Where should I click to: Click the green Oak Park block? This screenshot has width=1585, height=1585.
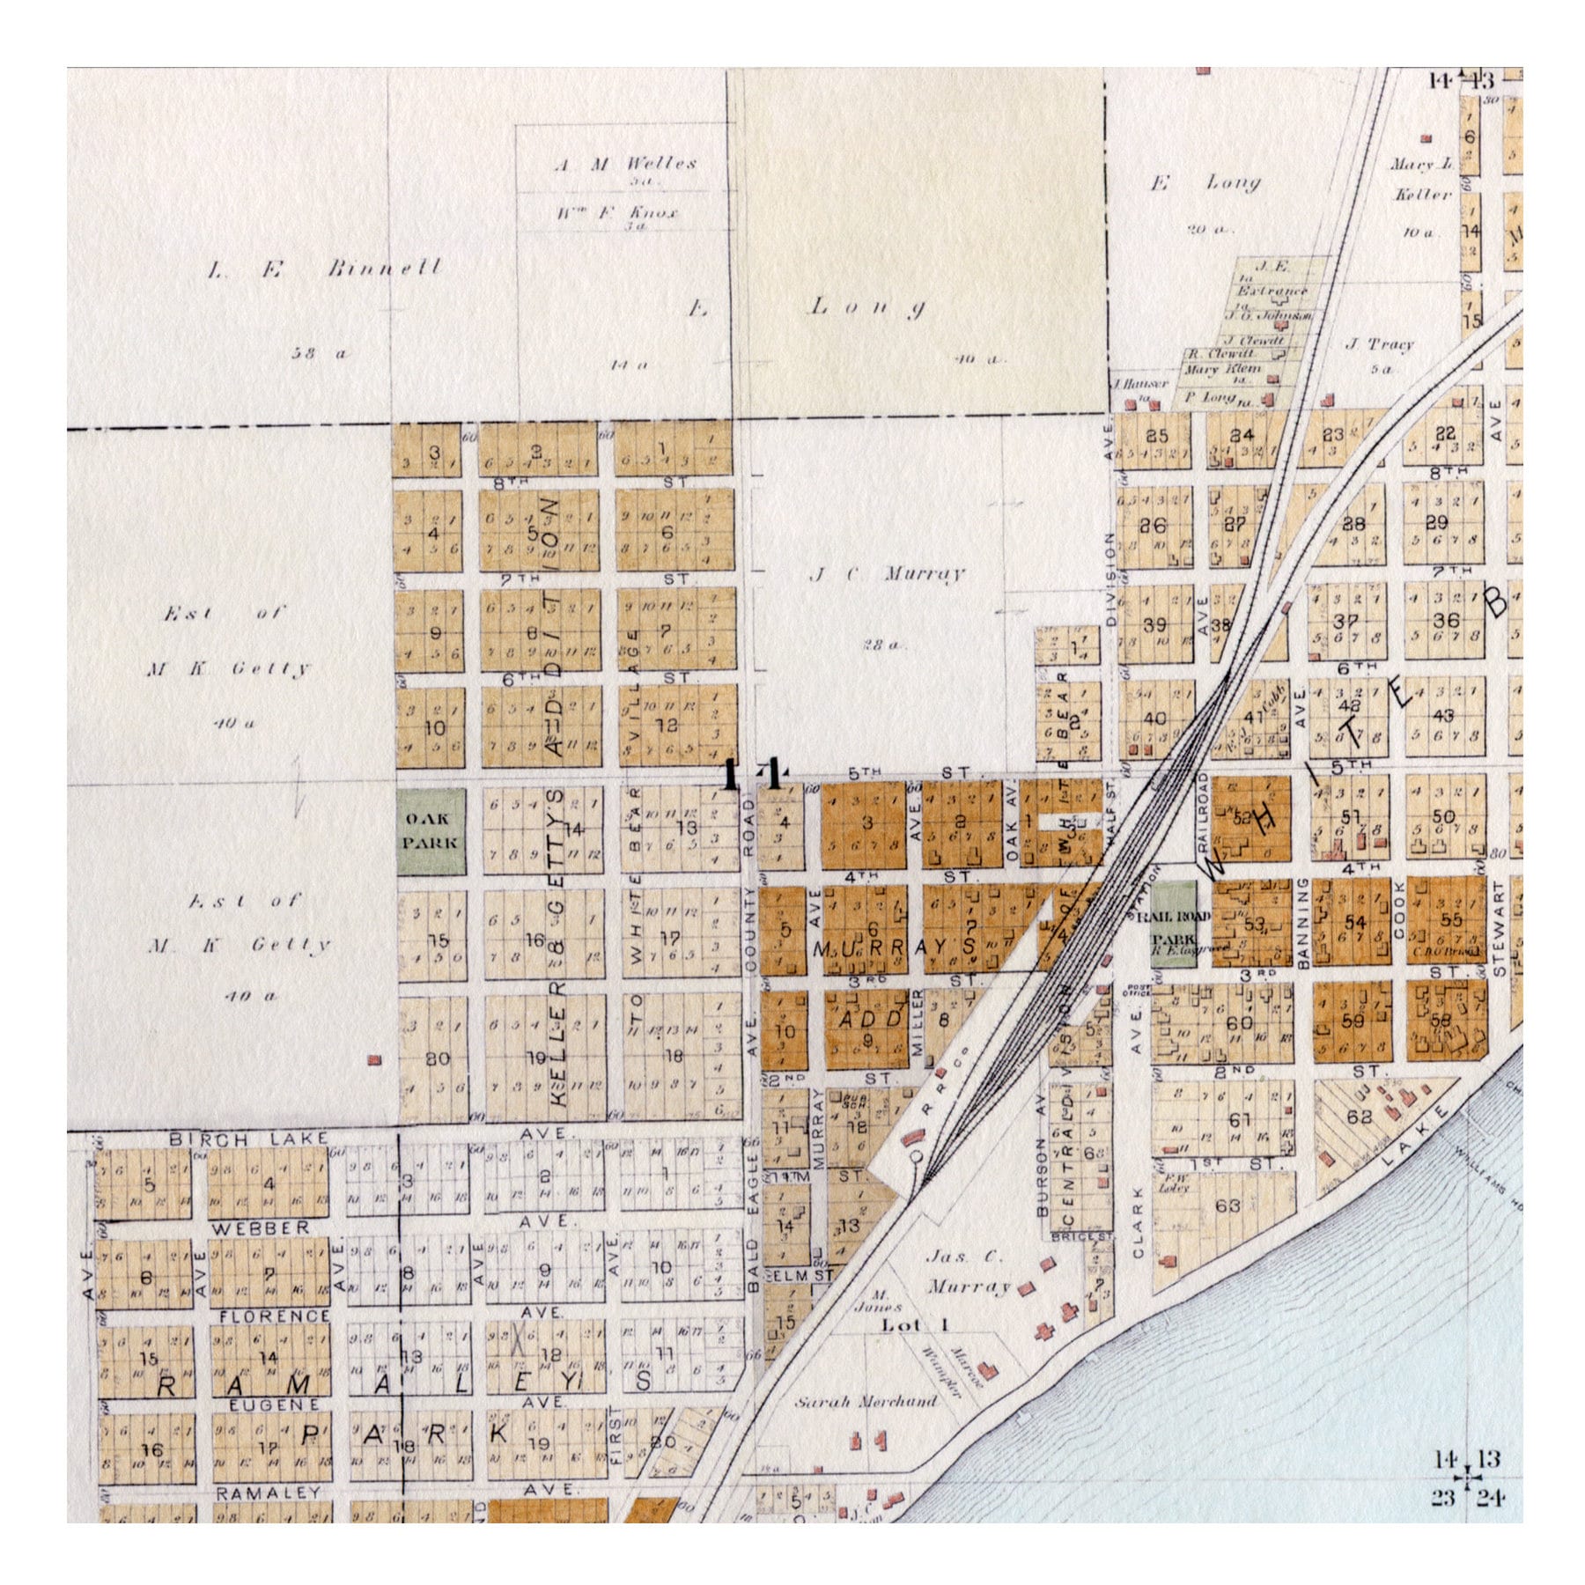click(431, 830)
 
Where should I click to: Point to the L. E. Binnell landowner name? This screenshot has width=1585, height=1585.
click(325, 269)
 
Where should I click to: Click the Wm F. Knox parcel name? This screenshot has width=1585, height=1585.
click(617, 213)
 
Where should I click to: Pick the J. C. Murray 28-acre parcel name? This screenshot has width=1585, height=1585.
click(887, 574)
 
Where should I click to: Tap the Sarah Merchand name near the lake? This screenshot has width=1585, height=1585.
click(866, 1401)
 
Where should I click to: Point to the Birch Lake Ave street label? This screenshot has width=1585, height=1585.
click(249, 1139)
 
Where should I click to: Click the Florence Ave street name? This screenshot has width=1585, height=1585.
click(273, 1316)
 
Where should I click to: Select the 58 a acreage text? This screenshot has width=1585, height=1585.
click(321, 353)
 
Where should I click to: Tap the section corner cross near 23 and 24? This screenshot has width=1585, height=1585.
click(1467, 1478)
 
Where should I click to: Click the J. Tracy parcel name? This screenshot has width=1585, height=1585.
click(1379, 343)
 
